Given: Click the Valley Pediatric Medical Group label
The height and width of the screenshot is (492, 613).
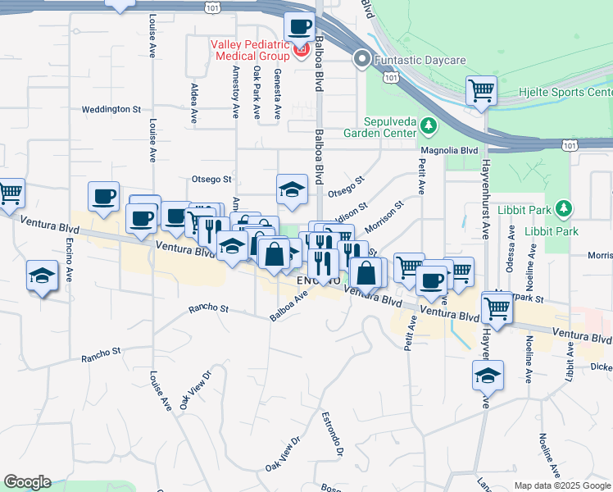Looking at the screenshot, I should click(250, 50).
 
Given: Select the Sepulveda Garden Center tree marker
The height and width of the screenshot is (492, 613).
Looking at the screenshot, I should click(427, 125).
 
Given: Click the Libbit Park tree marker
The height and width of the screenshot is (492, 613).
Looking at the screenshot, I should click(562, 209).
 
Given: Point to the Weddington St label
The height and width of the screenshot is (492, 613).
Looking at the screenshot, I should click(111, 109).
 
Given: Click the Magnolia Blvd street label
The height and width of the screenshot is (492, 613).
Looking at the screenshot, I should click(448, 151).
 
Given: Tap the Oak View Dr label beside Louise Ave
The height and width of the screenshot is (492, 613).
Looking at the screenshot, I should click(195, 389).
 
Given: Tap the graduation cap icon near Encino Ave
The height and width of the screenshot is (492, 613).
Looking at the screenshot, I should click(41, 276).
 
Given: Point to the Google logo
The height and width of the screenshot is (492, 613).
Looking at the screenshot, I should click(27, 482).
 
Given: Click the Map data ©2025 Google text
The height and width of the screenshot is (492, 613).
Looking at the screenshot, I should click(562, 485).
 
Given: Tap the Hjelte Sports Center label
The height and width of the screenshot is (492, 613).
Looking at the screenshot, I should click(565, 92).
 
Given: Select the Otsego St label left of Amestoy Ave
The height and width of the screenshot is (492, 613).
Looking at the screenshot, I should click(211, 178).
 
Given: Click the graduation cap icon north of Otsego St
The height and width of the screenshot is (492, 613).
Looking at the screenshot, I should click(292, 189).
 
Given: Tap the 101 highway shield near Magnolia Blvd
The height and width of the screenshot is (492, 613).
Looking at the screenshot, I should click(568, 144).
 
